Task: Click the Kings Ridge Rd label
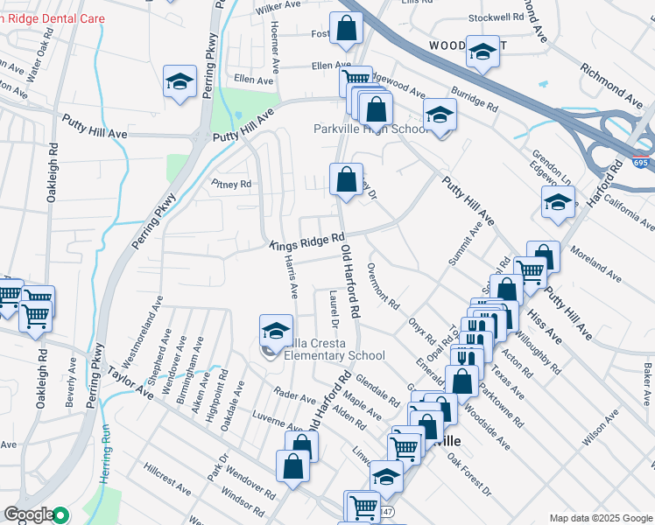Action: (x=306, y=242)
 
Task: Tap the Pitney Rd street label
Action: (x=231, y=185)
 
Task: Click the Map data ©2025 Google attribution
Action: (x=600, y=518)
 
